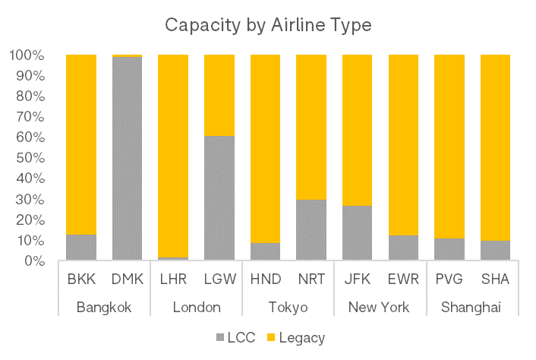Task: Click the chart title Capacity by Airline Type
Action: pos(268,25)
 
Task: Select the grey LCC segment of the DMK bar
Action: pos(128,159)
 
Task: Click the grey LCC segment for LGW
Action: pos(219,198)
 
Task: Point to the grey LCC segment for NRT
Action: pos(311,230)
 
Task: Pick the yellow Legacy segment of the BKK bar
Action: pos(81,144)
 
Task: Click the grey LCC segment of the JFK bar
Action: pos(357,233)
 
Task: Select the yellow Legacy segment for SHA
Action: pos(495,147)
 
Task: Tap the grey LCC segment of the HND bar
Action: pos(265,251)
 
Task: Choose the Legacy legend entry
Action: pos(296,336)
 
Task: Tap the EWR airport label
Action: pos(403,279)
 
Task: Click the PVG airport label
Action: pos(449,279)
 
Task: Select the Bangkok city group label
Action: pos(105,307)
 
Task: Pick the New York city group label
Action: pos(379,307)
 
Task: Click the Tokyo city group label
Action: pos(288,307)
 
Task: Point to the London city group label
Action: pos(196,307)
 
